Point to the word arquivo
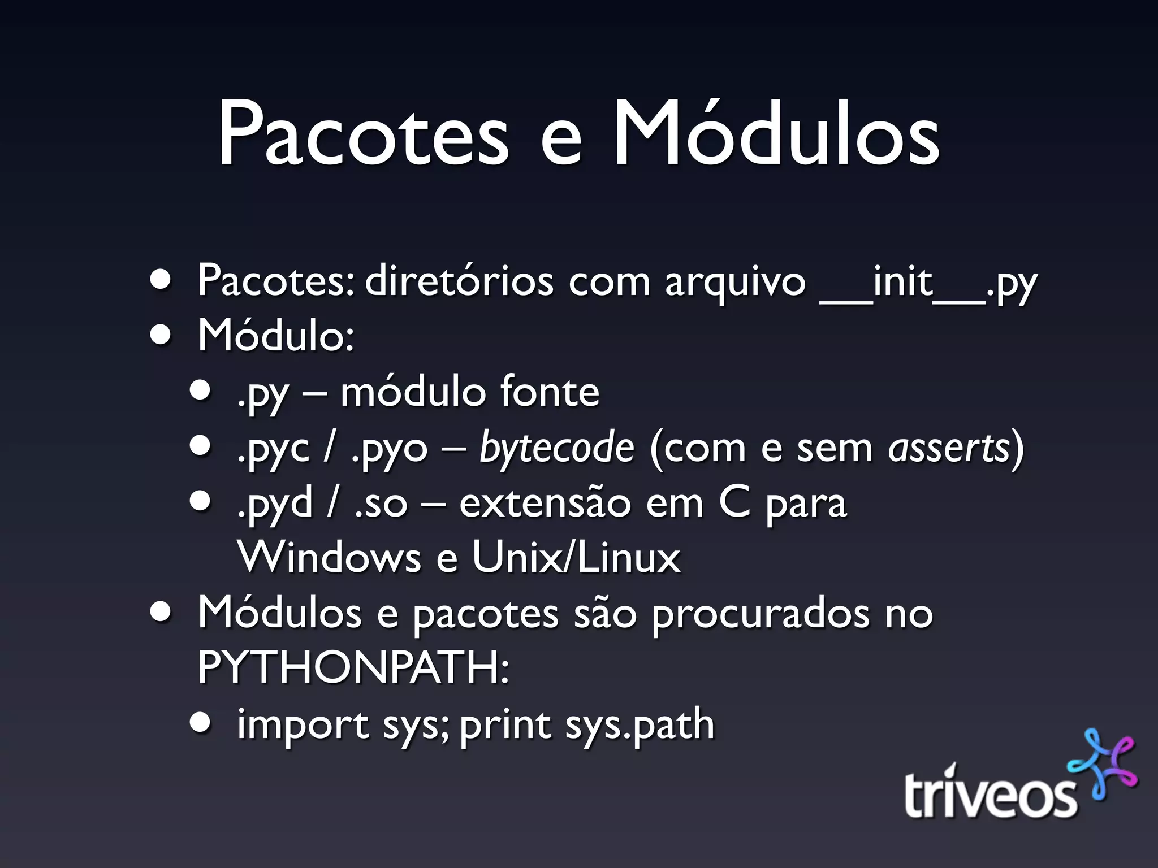point(734,283)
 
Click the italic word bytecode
point(557,448)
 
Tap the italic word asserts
point(949,448)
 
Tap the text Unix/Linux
point(576,557)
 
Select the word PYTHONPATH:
point(353,667)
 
